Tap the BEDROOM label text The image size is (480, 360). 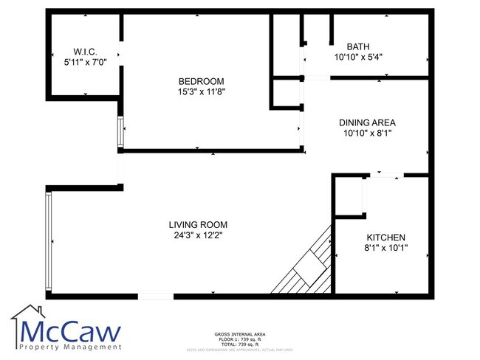pyautogui.click(x=201, y=81)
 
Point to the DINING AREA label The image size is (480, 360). pyautogui.click(x=368, y=122)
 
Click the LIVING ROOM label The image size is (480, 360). pyautogui.click(x=198, y=225)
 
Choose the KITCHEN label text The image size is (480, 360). pyautogui.click(x=386, y=238)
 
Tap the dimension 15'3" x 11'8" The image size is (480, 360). pyautogui.click(x=201, y=92)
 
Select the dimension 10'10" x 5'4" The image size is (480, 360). pyautogui.click(x=358, y=57)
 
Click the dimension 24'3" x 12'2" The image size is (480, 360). pyautogui.click(x=198, y=236)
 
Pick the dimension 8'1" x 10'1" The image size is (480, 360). pyautogui.click(x=386, y=249)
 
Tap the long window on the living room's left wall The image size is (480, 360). pyautogui.click(x=49, y=241)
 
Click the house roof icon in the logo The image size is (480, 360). pyautogui.click(x=26, y=314)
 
